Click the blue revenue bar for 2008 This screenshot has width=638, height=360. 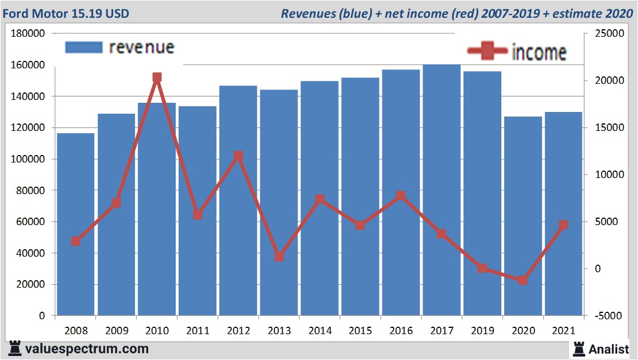point(76,224)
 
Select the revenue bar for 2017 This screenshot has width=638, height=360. point(442,189)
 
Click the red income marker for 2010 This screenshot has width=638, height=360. point(157,78)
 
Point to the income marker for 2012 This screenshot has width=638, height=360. point(238,156)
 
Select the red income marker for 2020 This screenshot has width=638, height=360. point(523,280)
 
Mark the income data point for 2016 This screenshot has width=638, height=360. point(401,196)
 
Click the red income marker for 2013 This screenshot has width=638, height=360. point(279,257)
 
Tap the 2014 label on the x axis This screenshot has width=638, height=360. point(320,331)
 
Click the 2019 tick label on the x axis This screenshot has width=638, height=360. point(482,331)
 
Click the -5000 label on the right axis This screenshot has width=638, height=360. point(608,316)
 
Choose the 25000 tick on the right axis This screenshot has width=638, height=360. point(608,34)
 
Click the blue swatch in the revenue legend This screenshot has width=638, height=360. point(84,47)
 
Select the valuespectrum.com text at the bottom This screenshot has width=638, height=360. point(87,349)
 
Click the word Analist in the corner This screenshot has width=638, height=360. point(608,349)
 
